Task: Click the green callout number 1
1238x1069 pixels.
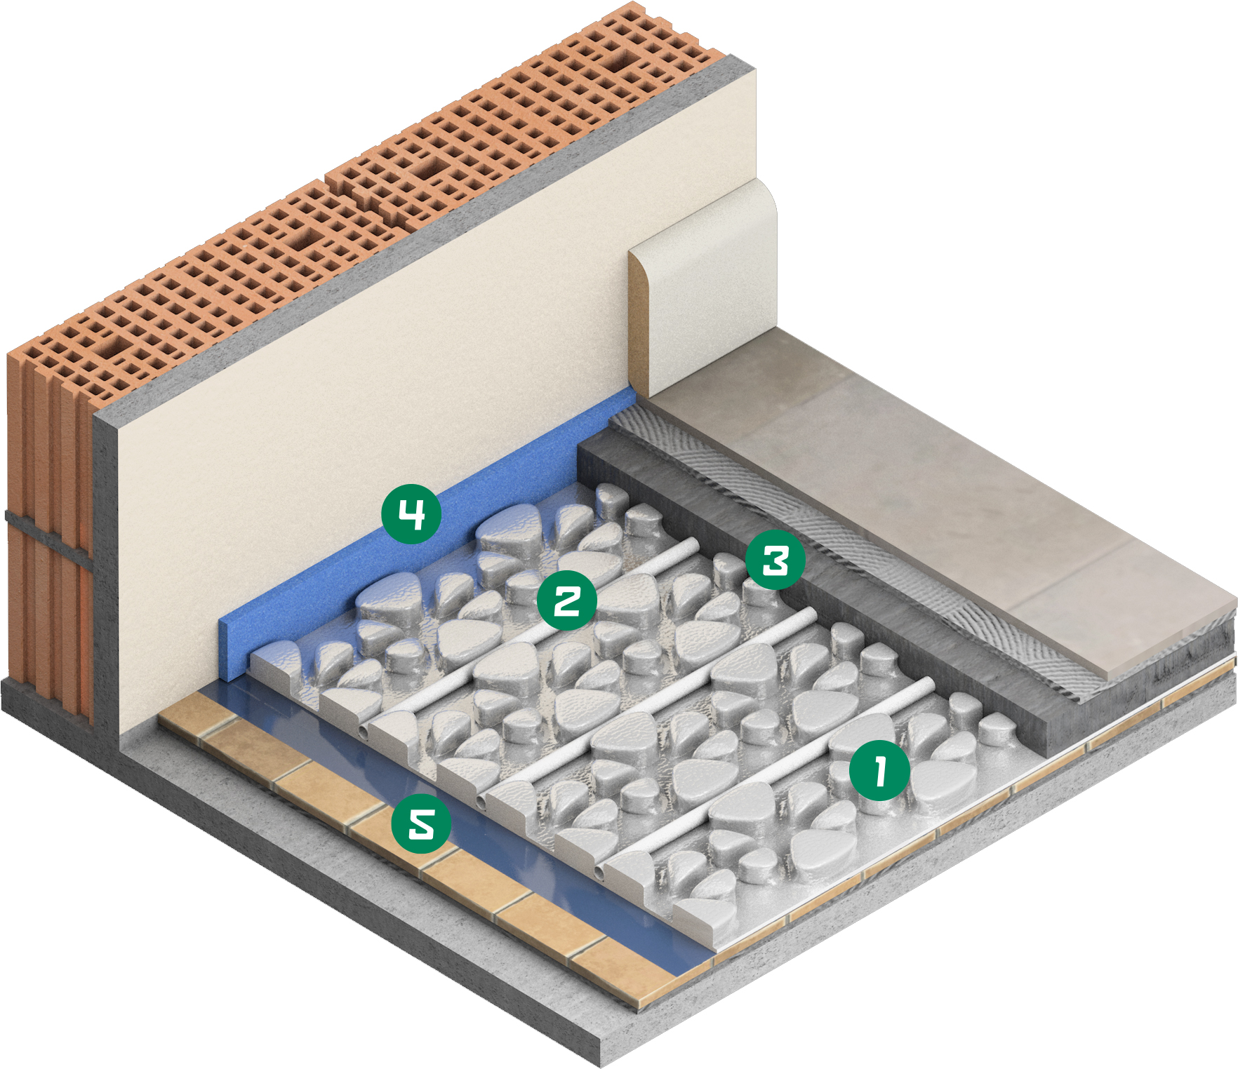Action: coord(879,770)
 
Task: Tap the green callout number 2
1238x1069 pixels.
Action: coord(567,600)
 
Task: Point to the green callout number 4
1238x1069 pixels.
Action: coord(411,514)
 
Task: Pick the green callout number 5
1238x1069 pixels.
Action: coord(421,823)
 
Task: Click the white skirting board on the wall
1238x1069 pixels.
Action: coord(702,288)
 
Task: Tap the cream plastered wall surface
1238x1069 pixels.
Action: coord(421,330)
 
